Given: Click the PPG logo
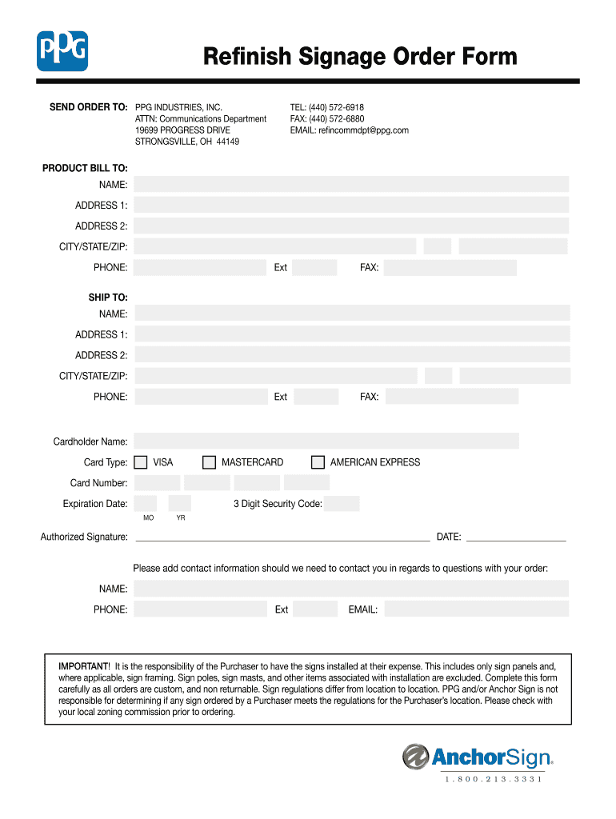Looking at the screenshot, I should click(x=62, y=50).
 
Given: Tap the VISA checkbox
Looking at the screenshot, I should click(x=141, y=462).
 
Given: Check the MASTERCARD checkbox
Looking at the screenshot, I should click(x=210, y=462).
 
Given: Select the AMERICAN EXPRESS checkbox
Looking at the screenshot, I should click(x=318, y=462).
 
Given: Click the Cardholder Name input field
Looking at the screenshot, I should click(x=326, y=441).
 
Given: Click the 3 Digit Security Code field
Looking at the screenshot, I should click(x=342, y=504).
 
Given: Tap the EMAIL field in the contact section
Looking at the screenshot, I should click(x=477, y=609).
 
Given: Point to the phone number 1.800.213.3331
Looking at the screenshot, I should click(x=494, y=780).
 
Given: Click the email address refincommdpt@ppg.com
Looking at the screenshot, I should click(x=363, y=130).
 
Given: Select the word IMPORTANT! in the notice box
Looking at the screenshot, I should click(x=84, y=666).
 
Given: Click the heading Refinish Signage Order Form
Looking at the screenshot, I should click(x=360, y=57).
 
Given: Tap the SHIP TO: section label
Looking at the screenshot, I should click(x=108, y=298).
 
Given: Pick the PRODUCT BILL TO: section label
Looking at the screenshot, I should click(x=85, y=168).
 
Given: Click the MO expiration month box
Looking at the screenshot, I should click(x=146, y=504).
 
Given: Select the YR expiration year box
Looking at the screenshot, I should click(x=180, y=504).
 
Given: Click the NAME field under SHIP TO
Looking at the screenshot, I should click(x=352, y=314).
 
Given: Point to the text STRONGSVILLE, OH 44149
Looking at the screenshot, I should click(x=186, y=142).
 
